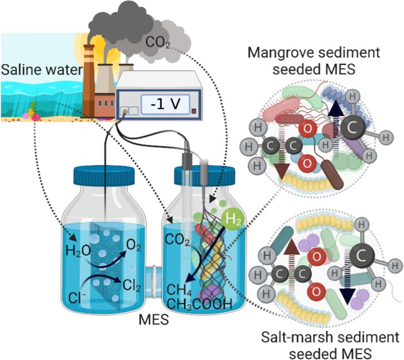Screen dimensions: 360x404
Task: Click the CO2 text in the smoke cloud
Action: click(158, 41)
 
